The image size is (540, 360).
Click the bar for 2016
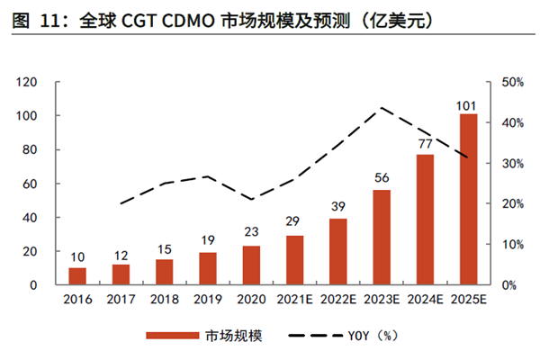[77, 276]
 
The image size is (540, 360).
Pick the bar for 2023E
[382, 238]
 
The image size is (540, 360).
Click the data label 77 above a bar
[425, 144]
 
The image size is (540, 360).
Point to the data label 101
[468, 106]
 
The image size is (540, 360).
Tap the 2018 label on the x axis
[164, 300]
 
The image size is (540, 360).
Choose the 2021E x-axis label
[294, 300]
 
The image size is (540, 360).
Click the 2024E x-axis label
[425, 300]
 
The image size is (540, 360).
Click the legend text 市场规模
[232, 335]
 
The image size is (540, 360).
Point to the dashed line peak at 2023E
[382, 108]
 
